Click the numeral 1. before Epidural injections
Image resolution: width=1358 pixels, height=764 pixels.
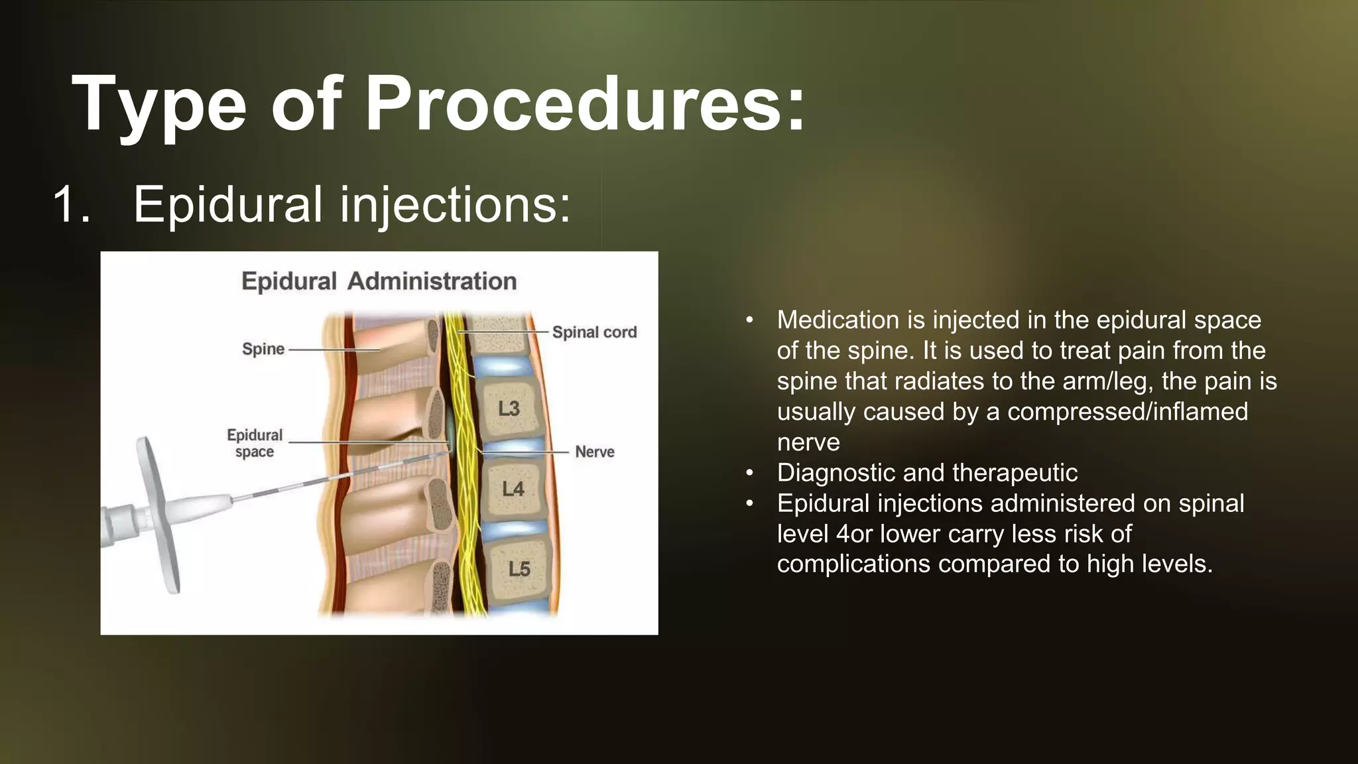pyautogui.click(x=71, y=204)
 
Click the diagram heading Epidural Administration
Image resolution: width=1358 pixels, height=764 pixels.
pyautogui.click(x=379, y=281)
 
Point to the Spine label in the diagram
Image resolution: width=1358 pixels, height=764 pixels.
pyautogui.click(x=263, y=349)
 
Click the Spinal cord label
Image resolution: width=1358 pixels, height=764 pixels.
pyautogui.click(x=594, y=332)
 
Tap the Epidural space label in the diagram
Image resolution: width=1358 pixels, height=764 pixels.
pyautogui.click(x=255, y=443)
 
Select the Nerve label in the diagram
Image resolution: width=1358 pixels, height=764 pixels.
pyautogui.click(x=594, y=452)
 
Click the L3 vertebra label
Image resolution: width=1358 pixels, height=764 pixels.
pyautogui.click(x=509, y=409)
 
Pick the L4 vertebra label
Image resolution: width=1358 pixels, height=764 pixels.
pyautogui.click(x=513, y=489)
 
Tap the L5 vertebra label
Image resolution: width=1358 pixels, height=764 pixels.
pyautogui.click(x=519, y=569)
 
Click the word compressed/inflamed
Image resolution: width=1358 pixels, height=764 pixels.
pyautogui.click(x=1127, y=412)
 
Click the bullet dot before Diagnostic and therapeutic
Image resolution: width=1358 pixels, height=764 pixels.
pyautogui.click(x=749, y=473)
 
